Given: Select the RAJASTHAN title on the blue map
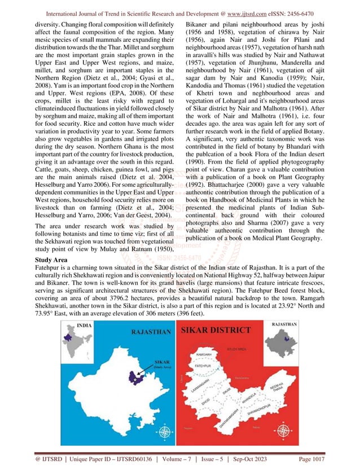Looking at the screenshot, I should (149, 333).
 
